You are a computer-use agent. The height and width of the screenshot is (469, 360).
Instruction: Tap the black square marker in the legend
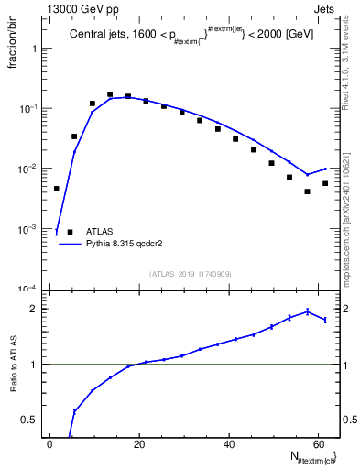[70, 233]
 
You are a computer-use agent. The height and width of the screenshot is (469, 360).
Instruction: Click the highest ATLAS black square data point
[110, 94]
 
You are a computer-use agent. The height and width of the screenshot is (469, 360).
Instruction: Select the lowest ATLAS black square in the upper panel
[308, 191]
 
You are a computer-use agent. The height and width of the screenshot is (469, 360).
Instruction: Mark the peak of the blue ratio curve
[308, 311]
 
